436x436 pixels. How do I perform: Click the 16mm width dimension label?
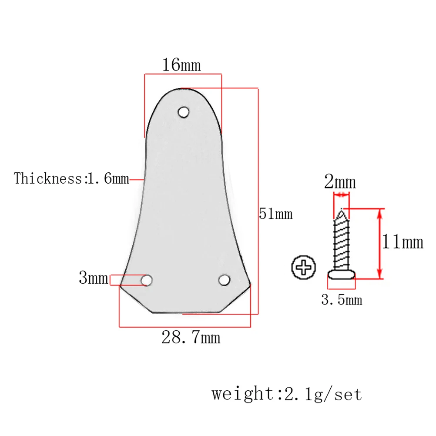181,65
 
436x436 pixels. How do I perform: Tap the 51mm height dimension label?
276,214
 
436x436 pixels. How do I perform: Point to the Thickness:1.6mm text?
72,178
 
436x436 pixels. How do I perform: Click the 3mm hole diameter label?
93,278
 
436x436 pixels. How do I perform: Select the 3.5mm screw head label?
342,300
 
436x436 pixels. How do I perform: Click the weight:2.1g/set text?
287,394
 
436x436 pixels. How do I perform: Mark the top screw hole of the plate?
184,112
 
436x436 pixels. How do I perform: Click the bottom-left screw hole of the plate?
147,280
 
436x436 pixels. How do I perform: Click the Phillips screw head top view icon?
303,268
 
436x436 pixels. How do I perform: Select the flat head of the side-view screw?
342,274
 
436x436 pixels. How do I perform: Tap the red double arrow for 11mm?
380,244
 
